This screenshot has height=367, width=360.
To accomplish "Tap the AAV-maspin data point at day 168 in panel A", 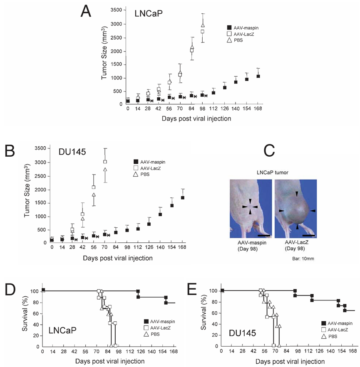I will pos(258,76).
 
